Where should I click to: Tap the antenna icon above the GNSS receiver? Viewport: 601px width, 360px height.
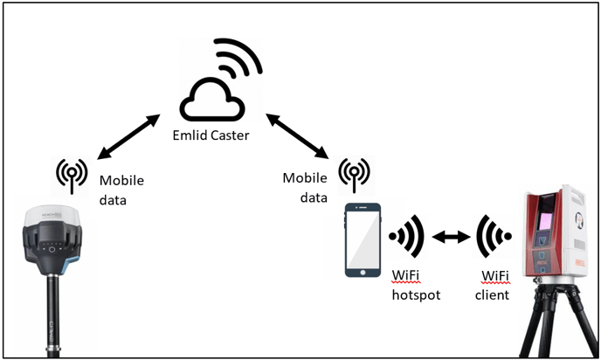(72, 175)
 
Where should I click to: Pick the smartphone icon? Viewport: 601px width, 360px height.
(363, 240)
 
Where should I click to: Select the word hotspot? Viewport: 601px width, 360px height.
(415, 294)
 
